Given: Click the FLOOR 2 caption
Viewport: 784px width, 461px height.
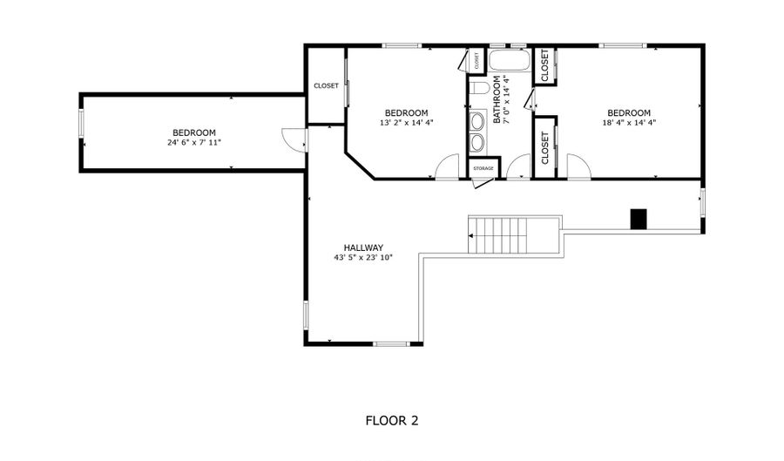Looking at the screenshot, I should (391, 421).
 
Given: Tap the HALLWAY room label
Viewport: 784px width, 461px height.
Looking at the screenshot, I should (363, 247).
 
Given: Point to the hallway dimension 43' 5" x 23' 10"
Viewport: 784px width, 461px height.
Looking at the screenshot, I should (363, 258).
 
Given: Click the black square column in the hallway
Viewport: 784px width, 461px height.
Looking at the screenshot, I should (639, 219).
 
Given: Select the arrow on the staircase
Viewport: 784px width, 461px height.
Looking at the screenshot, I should (473, 235).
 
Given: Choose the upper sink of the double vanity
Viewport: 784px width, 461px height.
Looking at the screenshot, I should (477, 121).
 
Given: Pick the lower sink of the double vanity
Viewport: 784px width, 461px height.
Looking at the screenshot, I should (477, 141).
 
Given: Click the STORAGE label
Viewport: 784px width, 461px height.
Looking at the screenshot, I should (483, 167).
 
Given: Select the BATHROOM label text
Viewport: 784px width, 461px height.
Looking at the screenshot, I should (498, 100).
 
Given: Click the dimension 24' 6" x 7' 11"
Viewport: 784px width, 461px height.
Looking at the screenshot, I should (194, 142).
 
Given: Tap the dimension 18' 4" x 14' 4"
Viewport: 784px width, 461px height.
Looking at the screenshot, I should (628, 123).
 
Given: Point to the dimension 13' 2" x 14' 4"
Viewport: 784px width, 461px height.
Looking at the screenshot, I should (406, 123).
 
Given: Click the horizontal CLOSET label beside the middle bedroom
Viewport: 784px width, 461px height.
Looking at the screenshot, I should (326, 86).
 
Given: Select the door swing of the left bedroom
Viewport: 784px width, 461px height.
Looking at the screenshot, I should (294, 139).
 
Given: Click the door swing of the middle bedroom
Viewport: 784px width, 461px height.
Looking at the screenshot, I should (447, 166).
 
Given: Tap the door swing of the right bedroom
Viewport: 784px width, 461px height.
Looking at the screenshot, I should (578, 166).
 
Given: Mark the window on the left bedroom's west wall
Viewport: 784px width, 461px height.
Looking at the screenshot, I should (81, 125).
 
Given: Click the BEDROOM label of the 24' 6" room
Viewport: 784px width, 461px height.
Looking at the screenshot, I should (193, 132).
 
